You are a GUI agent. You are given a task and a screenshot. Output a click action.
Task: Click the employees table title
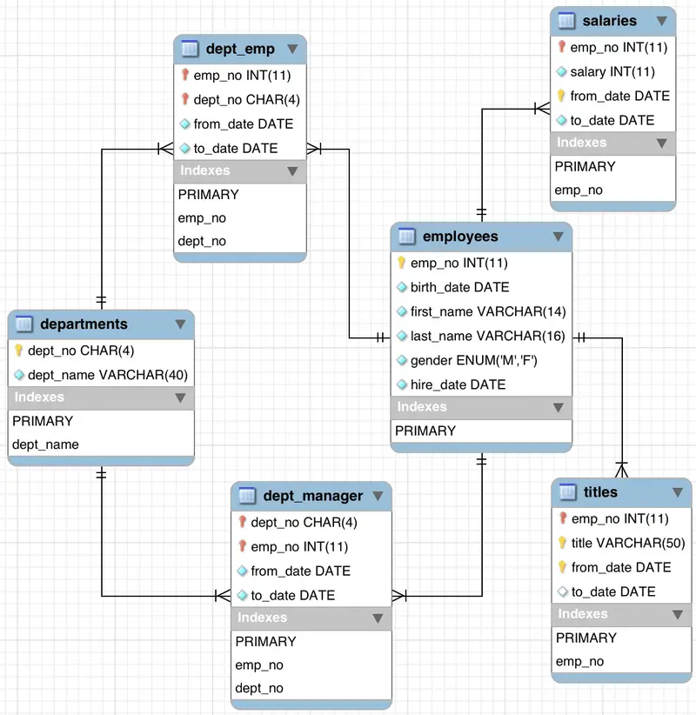(x=460, y=237)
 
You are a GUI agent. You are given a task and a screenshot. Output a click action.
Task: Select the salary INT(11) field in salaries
(x=612, y=71)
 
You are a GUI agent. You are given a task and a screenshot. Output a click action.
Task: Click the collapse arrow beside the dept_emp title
(x=292, y=49)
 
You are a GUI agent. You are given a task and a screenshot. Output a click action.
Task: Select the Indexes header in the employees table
(x=422, y=407)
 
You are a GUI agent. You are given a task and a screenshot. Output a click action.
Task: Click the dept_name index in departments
(x=45, y=444)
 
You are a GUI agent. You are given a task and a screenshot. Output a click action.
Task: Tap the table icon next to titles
(x=567, y=492)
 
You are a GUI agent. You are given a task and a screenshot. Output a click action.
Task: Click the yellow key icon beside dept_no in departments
(x=19, y=351)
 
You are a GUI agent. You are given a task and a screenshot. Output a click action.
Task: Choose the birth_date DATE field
(x=459, y=287)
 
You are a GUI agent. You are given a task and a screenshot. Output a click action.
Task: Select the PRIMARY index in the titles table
(x=586, y=638)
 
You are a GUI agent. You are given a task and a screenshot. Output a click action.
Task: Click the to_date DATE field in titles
(x=613, y=591)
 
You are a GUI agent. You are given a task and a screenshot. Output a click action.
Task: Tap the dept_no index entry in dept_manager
(x=258, y=688)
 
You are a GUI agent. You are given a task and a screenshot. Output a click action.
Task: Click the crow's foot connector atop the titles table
(x=621, y=469)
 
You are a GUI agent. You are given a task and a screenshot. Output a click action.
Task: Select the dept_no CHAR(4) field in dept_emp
(x=246, y=99)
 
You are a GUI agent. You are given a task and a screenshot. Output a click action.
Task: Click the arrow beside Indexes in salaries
(x=663, y=143)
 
